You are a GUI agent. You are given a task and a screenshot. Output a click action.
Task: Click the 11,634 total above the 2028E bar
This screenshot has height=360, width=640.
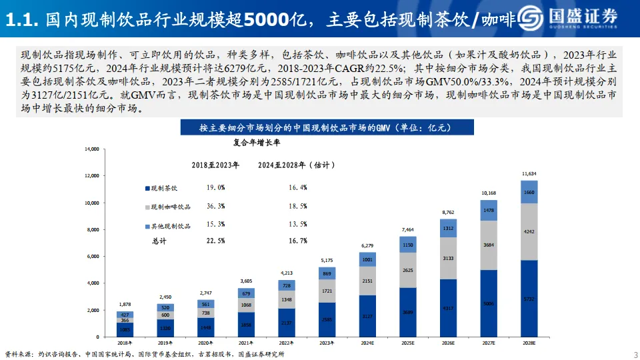click(529, 174)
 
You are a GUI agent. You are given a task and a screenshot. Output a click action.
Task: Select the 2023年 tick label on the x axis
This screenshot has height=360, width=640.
click(327, 342)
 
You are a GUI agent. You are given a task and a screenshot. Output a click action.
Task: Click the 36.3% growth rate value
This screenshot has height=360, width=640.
click(216, 207)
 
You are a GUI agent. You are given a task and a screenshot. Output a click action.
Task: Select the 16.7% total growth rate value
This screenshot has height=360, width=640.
click(298, 241)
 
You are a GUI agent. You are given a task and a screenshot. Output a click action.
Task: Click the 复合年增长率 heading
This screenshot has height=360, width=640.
click(257, 142)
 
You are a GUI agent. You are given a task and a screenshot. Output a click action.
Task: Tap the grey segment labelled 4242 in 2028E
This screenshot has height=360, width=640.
click(529, 232)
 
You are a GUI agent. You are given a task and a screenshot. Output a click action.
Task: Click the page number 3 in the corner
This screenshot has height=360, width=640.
click(635, 353)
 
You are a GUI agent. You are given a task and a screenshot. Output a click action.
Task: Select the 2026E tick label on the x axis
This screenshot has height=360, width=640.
click(448, 342)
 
